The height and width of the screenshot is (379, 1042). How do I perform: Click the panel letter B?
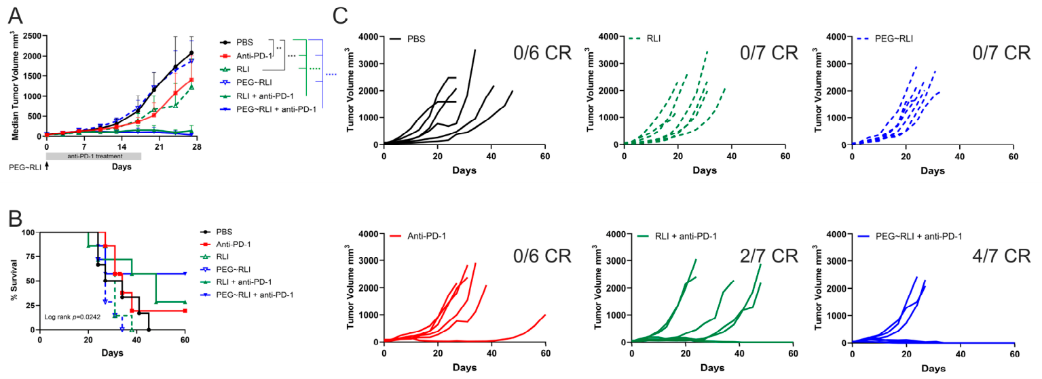pyautogui.click(x=16, y=218)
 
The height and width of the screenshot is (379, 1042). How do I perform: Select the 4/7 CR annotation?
pyautogui.click(x=1001, y=256)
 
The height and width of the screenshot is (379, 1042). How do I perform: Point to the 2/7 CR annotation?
pyautogui.click(x=769, y=256)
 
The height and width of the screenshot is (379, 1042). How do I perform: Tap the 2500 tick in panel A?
pyautogui.click(x=32, y=36)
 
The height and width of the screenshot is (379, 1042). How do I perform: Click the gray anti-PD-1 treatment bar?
pyautogui.click(x=94, y=156)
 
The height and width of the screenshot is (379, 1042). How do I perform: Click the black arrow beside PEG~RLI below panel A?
pyautogui.click(x=47, y=166)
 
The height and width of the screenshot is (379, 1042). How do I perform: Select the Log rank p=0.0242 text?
pyautogui.click(x=72, y=317)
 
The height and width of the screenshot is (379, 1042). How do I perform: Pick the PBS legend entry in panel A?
pyautogui.click(x=237, y=42)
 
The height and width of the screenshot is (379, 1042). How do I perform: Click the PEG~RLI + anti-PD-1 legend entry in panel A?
pyautogui.click(x=268, y=109)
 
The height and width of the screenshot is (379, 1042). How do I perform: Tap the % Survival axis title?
pyautogui.click(x=14, y=280)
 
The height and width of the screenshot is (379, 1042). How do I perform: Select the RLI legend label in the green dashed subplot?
pyautogui.click(x=653, y=39)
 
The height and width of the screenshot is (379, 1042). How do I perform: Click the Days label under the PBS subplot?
pyautogui.click(x=464, y=170)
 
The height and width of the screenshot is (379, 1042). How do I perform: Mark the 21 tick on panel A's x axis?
pyautogui.click(x=159, y=146)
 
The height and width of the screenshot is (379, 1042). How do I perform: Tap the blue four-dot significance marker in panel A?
pyautogui.click(x=331, y=75)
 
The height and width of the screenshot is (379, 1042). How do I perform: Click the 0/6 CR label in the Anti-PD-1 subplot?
pyautogui.click(x=542, y=256)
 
